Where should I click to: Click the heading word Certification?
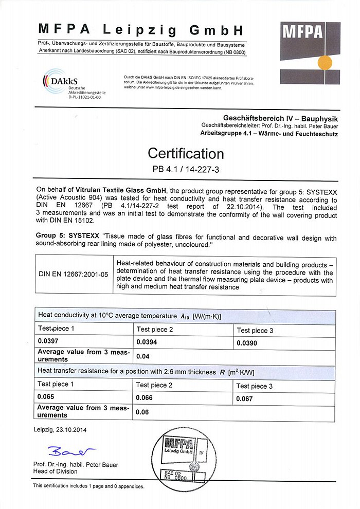tap(186, 153)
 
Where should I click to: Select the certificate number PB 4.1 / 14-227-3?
tap(186, 169)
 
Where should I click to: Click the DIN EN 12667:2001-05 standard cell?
tap(73, 274)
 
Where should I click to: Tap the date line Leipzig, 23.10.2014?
tap(60, 430)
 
